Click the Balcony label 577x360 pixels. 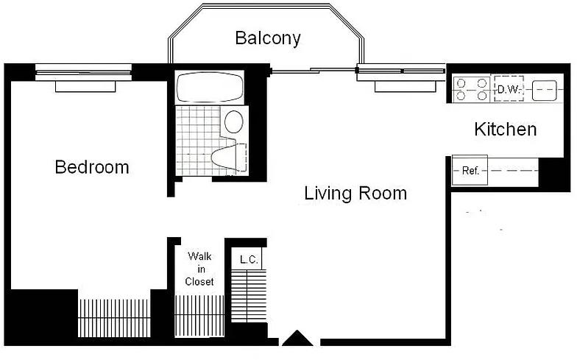(x=268, y=38)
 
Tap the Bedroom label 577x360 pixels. (x=92, y=167)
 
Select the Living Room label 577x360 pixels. (x=355, y=193)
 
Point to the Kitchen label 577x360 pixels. (x=505, y=130)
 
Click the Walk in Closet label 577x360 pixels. (x=199, y=269)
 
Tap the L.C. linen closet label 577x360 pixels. (x=249, y=259)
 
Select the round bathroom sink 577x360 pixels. (x=234, y=121)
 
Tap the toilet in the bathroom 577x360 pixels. (x=229, y=157)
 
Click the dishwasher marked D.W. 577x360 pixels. (x=509, y=88)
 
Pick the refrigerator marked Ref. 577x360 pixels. (x=470, y=171)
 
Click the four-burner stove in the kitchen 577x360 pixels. (x=471, y=88)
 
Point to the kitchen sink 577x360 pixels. (x=545, y=90)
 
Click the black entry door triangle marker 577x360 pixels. (x=297, y=339)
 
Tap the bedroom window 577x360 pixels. (x=84, y=72)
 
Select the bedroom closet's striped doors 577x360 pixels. (x=114, y=318)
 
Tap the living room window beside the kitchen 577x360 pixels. (x=401, y=72)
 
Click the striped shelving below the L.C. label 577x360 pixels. (x=249, y=296)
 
